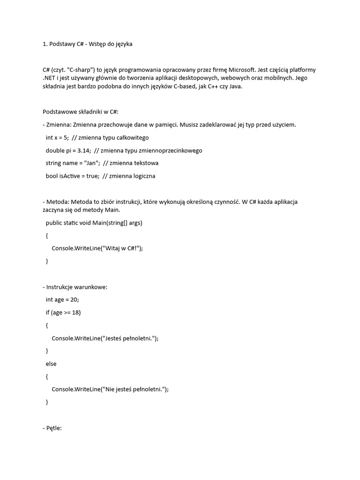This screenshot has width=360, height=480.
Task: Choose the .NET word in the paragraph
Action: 50,78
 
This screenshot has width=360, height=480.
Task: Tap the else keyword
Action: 51,363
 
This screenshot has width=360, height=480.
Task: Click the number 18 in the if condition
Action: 76,313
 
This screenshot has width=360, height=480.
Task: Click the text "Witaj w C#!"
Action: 121,248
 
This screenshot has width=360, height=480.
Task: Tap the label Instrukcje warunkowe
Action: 76,287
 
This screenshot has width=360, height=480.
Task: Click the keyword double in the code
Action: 55,150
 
